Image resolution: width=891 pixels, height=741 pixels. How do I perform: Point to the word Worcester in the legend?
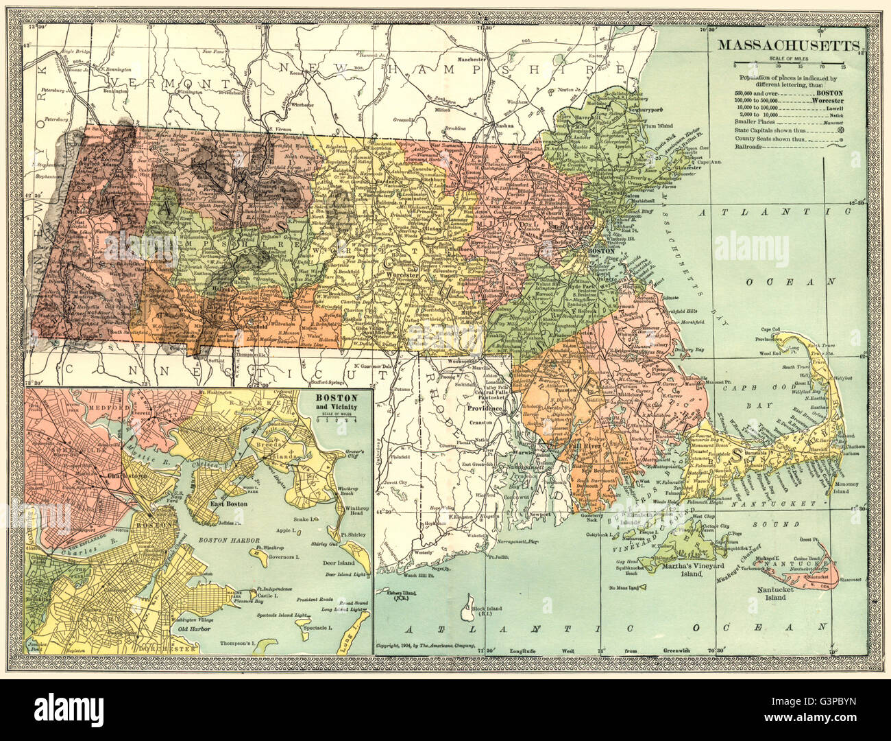[842, 100]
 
